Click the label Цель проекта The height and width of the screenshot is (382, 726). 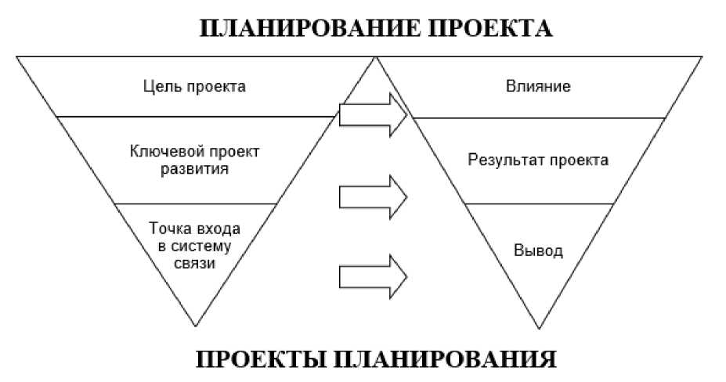point(195,86)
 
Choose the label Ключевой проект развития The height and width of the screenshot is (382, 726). point(194,159)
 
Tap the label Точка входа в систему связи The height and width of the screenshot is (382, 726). point(194,246)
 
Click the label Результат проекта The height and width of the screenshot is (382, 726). point(538,160)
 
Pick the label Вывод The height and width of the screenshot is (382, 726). point(538,251)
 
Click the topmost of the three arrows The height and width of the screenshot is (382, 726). point(374,117)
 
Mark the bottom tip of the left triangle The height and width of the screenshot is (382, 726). point(194,325)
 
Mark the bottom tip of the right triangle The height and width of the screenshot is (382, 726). point(538,325)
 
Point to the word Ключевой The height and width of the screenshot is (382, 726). point(161,150)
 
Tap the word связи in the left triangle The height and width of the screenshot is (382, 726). point(194,264)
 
